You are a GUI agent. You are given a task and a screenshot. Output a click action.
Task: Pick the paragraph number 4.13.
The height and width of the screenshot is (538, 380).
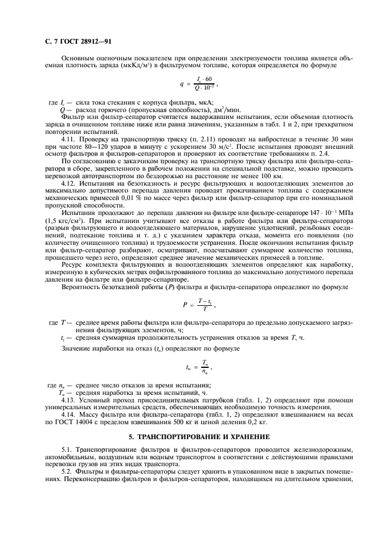click(68, 399)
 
